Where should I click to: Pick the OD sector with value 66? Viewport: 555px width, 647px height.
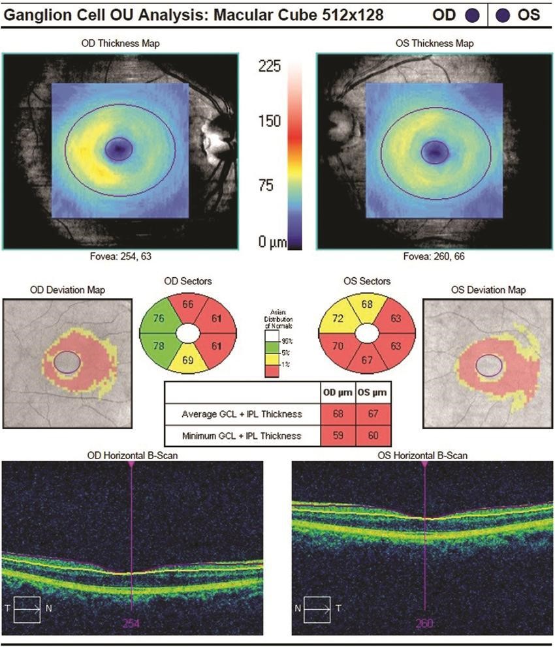[x=188, y=304]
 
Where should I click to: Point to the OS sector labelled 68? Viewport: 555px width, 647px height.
[x=367, y=304]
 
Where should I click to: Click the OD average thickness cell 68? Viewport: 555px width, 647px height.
[x=338, y=413]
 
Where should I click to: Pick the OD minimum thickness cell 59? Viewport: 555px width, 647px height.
[x=338, y=435]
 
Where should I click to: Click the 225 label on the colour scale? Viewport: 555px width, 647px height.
[x=270, y=67]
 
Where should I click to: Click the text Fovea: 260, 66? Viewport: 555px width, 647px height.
[x=434, y=257]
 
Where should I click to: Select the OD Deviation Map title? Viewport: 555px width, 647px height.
[x=67, y=290]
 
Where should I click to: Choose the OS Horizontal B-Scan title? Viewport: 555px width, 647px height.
[x=425, y=455]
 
